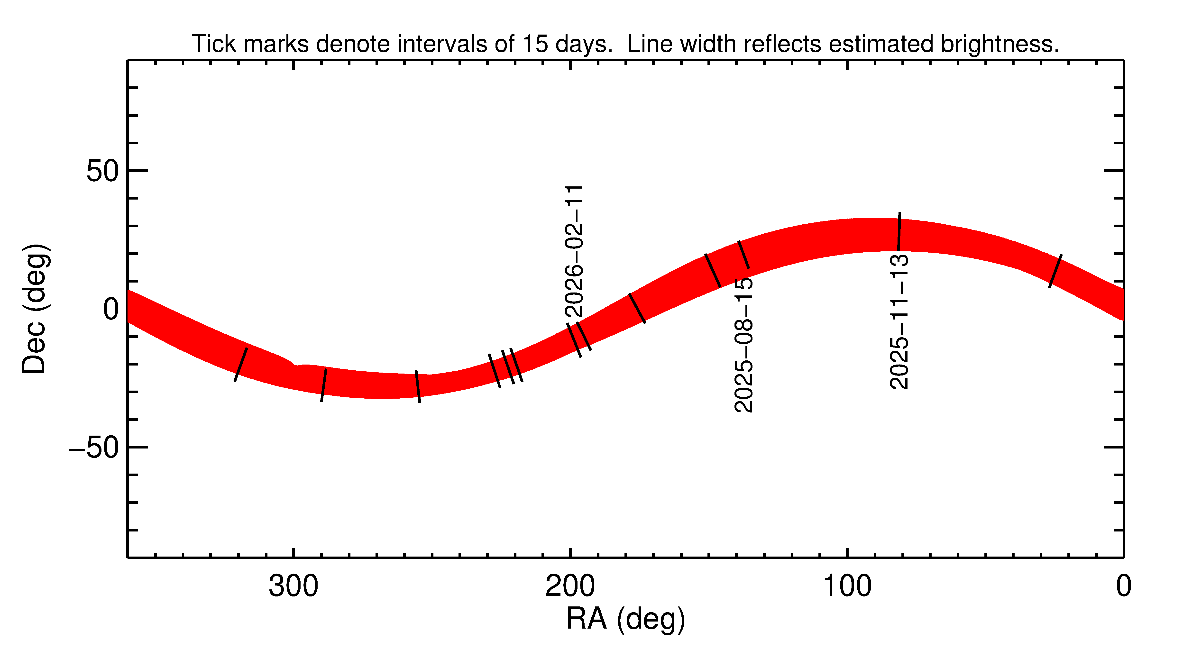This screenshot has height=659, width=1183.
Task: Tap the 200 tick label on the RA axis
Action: coord(570,586)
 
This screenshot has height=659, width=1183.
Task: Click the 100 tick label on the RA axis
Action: coord(847,586)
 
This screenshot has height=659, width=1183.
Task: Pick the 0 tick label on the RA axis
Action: coord(1123,586)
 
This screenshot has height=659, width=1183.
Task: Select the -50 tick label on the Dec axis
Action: coord(94,447)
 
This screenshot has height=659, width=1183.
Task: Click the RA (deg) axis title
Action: coord(625,619)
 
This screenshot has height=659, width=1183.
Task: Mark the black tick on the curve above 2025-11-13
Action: coord(899,232)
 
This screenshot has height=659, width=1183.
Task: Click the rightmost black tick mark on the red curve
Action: coord(1055,271)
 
